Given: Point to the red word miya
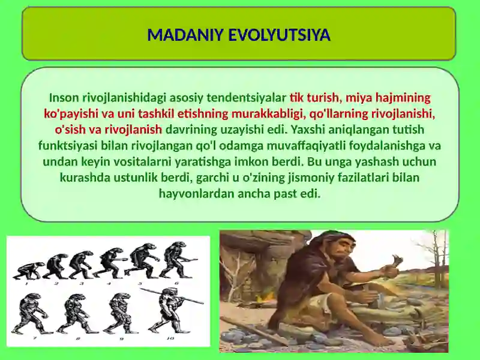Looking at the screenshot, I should pyautogui.click(x=358, y=97).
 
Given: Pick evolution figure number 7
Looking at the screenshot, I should pyautogui.click(x=27, y=313).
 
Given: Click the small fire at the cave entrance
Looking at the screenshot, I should pyautogui.click(x=262, y=298).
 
